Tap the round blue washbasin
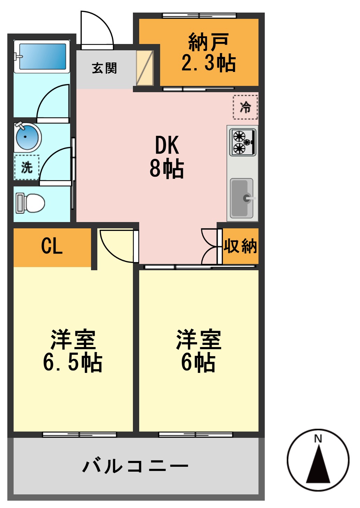(x=27, y=137)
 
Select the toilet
(x=31, y=203)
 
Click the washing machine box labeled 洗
(x=27, y=168)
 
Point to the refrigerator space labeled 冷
(x=245, y=107)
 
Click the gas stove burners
(x=242, y=142)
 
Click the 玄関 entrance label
(x=104, y=68)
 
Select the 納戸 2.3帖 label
(x=208, y=52)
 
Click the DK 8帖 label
(x=167, y=157)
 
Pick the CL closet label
(x=52, y=246)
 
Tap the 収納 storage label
(x=240, y=246)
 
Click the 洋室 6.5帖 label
(x=73, y=351)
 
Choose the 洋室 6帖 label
(x=198, y=351)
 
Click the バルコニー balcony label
(x=135, y=466)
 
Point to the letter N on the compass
(x=318, y=439)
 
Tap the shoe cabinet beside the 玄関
(x=145, y=68)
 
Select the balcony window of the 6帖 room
(x=195, y=435)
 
